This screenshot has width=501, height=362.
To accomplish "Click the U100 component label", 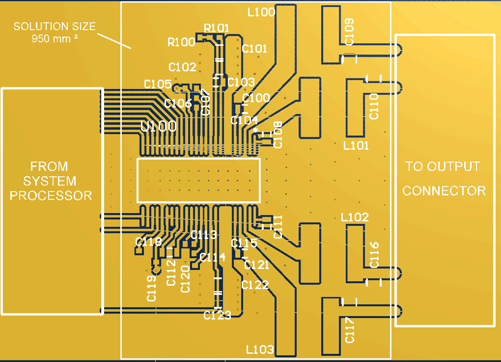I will click(159, 126).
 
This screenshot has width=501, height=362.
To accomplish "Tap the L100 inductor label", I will click(261, 12).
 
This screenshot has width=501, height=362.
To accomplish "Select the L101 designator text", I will click(356, 145).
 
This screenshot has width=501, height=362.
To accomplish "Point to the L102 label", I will click(355, 217).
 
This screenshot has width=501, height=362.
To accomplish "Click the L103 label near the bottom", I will click(260, 349).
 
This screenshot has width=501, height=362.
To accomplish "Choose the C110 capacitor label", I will click(374, 107).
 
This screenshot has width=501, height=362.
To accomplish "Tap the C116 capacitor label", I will click(374, 255).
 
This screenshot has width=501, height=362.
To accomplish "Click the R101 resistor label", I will click(217, 28).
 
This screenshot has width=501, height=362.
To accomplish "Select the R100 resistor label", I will click(181, 42).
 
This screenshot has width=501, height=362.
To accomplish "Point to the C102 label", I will click(182, 67).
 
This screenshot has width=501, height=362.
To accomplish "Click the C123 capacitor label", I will click(217, 315).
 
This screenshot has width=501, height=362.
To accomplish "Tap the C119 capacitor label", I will click(152, 289).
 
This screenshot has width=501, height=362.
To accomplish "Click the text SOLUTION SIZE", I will click(55, 26).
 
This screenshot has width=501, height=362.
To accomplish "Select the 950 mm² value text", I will click(55, 39).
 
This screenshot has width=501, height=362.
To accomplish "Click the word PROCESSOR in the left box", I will click(51, 195).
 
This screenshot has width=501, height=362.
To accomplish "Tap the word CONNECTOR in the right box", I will click(444, 190).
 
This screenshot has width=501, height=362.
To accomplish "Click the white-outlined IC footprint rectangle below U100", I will click(198, 180).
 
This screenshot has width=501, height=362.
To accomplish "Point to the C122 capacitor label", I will click(255, 285).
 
